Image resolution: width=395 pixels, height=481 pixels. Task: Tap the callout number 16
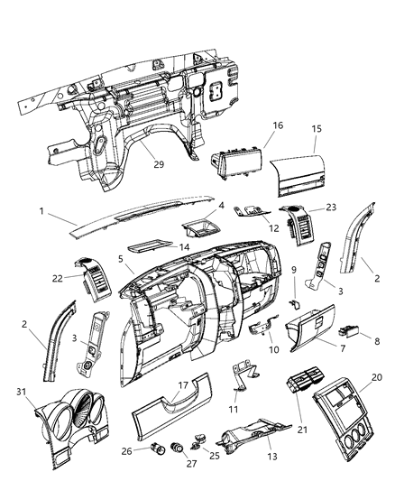pyautogui.click(x=279, y=126)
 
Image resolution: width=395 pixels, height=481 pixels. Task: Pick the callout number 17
pyautogui.click(x=182, y=384)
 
